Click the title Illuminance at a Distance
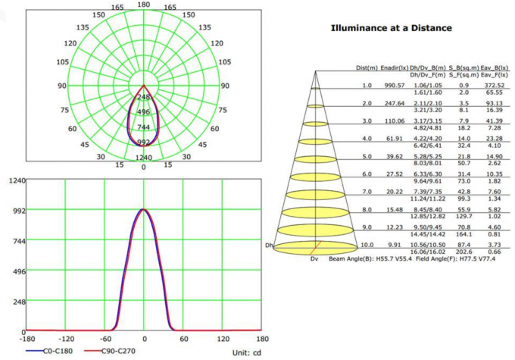coord(391,28)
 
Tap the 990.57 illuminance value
coord(395,86)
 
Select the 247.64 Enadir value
coord(395,103)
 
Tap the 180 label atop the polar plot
coord(144,5)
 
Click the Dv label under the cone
coord(314,260)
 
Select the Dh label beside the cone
coord(268,246)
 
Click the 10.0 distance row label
coord(367,246)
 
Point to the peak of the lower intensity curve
coord(144,210)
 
